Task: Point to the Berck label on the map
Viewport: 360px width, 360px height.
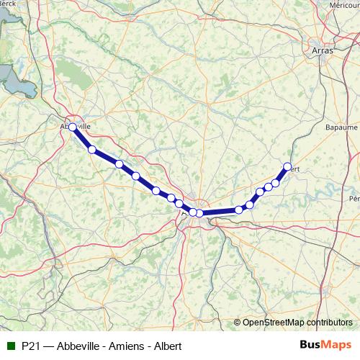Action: click(8, 3)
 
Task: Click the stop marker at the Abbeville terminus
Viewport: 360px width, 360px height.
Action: click(73, 127)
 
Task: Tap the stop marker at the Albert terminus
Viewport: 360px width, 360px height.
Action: click(287, 167)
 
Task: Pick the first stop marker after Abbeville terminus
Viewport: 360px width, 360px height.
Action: click(92, 149)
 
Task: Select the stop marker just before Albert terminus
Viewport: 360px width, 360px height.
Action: click(276, 183)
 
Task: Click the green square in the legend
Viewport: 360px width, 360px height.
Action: click(9, 346)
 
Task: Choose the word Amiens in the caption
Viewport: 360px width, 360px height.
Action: click(122, 346)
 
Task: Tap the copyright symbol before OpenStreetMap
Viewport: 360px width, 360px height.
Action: click(237, 323)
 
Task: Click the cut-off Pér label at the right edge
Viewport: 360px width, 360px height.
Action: click(354, 197)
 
